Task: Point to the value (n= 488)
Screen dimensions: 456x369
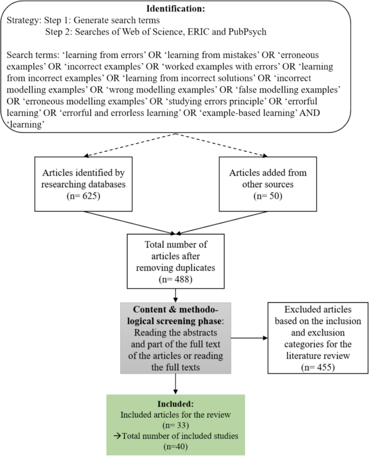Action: [x=176, y=280]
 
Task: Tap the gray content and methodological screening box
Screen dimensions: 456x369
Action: [x=176, y=338]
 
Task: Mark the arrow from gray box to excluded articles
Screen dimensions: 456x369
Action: [x=249, y=338]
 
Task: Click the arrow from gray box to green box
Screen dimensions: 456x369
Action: [x=176, y=384]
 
